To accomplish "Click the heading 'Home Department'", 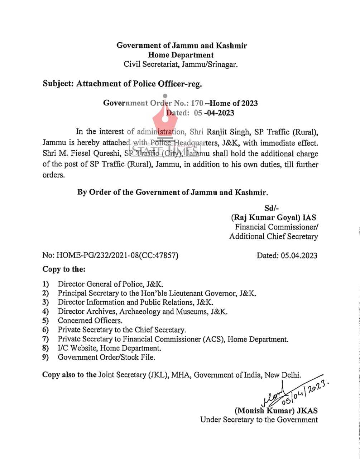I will [x=181, y=55].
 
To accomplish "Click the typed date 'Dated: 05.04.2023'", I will [x=287, y=255].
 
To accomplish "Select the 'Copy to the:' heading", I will [x=64, y=269].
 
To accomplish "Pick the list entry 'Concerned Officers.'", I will [x=90, y=321].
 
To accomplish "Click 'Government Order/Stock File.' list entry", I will [x=106, y=357].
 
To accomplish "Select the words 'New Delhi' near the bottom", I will [x=284, y=375].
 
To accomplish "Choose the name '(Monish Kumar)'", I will [x=262, y=411].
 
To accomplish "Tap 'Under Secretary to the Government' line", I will [x=259, y=420].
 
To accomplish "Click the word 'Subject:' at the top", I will [x=58, y=84].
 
